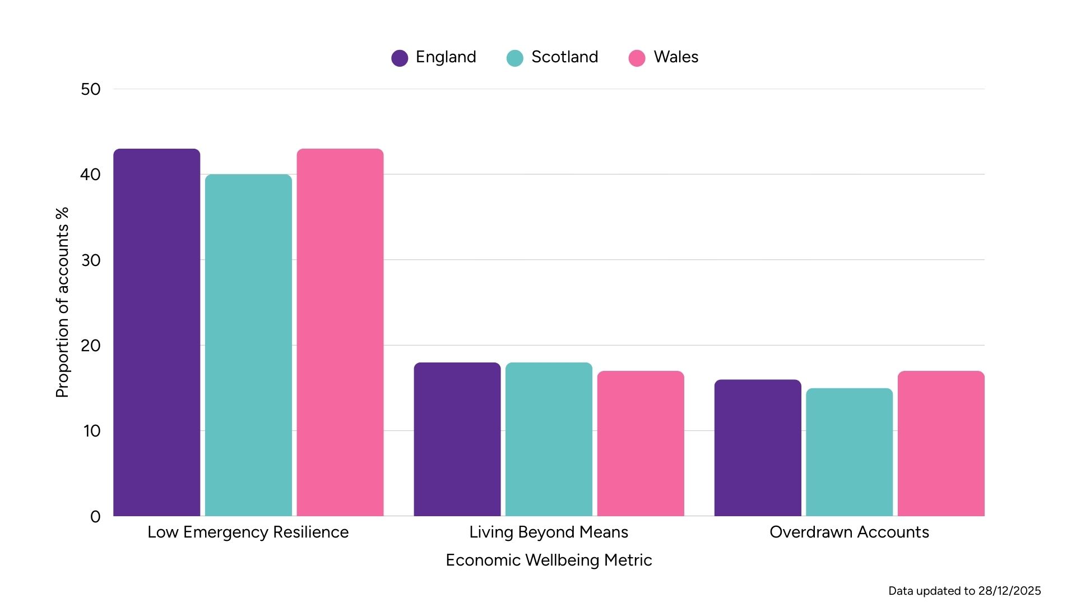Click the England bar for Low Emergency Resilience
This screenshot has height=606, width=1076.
[156, 332]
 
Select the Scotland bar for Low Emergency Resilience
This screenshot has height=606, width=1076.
[248, 345]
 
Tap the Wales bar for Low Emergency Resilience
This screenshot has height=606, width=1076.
[340, 332]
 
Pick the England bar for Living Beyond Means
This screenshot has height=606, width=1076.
[457, 439]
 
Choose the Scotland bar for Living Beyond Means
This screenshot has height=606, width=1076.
[549, 439]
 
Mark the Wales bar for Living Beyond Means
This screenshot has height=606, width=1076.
[641, 443]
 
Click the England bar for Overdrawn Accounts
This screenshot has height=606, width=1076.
[758, 448]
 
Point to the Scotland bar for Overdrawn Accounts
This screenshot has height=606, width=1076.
[849, 452]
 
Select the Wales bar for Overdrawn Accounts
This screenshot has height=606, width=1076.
[941, 443]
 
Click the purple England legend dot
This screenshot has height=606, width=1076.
[400, 58]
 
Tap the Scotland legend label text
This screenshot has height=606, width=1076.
[564, 57]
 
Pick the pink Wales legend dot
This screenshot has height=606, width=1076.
[637, 58]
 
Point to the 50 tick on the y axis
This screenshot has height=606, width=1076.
[91, 89]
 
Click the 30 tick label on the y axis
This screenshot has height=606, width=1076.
[91, 260]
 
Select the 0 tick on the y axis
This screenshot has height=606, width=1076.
[95, 517]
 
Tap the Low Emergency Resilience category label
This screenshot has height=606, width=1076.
[248, 532]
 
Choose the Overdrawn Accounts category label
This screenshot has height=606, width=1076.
[849, 532]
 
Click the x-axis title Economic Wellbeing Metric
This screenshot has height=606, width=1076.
[549, 560]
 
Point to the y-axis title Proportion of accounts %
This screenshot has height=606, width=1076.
[62, 302]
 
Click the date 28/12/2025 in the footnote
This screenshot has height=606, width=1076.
[1009, 591]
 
